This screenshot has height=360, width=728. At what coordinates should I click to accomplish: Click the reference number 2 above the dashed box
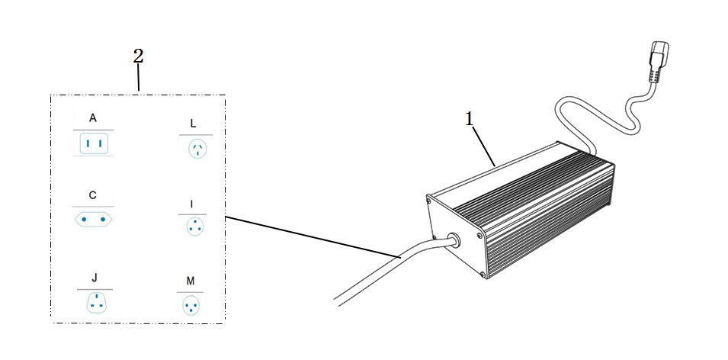coord(138,56)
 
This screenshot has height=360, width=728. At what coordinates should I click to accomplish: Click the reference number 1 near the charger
coord(470,119)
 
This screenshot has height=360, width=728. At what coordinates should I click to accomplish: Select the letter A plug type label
coord(93,118)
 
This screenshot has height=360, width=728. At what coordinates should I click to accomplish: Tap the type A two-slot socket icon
coord(94,143)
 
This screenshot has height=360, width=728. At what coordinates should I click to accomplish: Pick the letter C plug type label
coord(93,195)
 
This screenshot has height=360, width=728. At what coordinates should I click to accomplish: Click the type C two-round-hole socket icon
coord(93,218)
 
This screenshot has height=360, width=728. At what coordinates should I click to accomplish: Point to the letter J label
coord(95,278)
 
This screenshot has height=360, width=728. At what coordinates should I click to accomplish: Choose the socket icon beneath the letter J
coord(95,303)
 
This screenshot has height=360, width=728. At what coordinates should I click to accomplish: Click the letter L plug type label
coord(193,124)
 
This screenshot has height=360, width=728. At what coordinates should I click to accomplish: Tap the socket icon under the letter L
coord(197,149)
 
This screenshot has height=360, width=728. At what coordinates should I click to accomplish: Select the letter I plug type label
coord(192,204)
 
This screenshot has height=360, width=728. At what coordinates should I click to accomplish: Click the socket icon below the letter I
coord(194,227)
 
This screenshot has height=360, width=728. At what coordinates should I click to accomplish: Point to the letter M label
coord(191,281)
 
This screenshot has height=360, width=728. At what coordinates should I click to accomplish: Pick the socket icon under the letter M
coord(191,306)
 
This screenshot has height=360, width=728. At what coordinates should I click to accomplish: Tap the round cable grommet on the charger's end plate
coord(453,240)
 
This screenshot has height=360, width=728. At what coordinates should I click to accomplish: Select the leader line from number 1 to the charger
coord(484,146)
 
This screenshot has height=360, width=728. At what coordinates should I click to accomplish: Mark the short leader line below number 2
coord(138,77)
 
